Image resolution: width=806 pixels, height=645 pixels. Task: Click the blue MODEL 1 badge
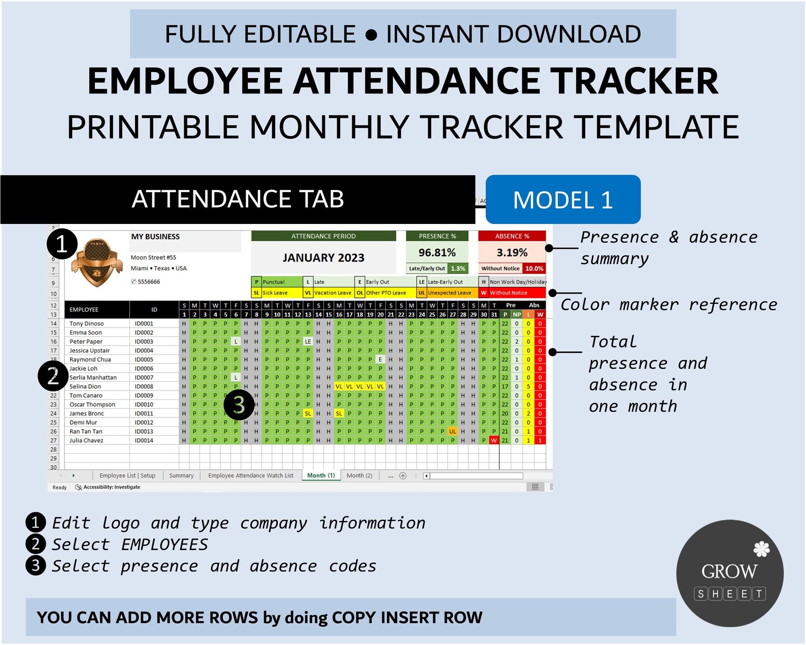(x=562, y=200)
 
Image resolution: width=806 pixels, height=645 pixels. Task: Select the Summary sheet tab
(x=181, y=475)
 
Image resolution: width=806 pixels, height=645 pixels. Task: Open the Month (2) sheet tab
(x=359, y=475)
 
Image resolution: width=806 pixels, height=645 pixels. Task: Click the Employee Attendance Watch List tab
(x=251, y=475)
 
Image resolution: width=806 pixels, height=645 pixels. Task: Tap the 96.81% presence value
(x=436, y=252)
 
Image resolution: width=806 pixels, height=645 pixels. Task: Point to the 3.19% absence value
(x=512, y=252)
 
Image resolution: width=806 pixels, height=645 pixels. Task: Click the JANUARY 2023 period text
(x=323, y=258)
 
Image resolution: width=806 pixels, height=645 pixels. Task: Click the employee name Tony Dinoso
(x=87, y=324)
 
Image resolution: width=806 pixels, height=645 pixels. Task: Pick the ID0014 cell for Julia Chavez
(x=144, y=440)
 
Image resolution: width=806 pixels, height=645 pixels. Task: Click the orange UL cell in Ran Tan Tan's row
(x=453, y=431)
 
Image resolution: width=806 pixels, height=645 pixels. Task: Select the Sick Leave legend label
(x=275, y=293)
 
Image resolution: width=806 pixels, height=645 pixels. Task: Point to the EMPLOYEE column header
(x=84, y=309)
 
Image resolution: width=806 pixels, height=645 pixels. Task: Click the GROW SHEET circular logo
(x=729, y=573)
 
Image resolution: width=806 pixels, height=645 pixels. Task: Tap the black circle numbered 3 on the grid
(x=239, y=405)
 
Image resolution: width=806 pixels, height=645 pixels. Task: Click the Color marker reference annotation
(x=668, y=305)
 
